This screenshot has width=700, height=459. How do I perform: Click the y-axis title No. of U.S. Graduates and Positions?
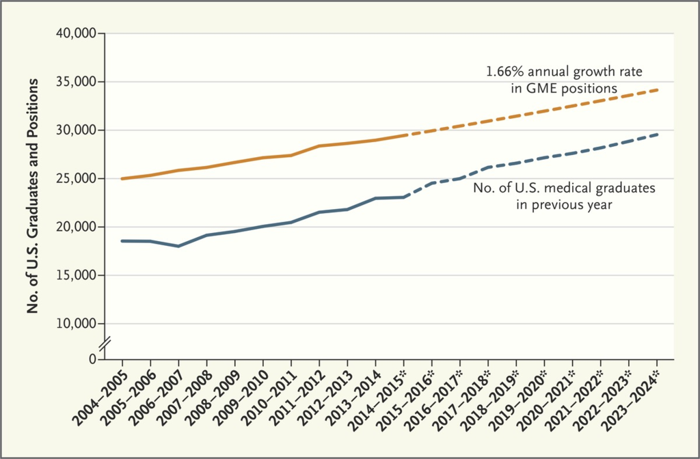32,195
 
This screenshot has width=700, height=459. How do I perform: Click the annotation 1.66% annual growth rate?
564,70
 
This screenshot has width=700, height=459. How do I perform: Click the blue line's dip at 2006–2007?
179,246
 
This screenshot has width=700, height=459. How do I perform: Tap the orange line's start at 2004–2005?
122,179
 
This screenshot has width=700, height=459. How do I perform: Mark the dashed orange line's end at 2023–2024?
657,89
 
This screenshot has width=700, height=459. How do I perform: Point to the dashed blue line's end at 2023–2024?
657,135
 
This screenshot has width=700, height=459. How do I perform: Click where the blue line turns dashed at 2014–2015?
404,197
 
